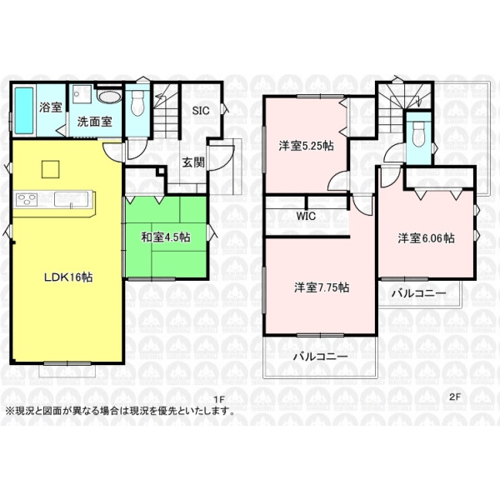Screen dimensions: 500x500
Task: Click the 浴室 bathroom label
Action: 50,107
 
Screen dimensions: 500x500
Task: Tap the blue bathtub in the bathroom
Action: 24,110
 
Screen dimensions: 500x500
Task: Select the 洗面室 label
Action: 94,122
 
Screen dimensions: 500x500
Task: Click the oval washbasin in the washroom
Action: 108,97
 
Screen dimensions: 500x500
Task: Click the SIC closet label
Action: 201,111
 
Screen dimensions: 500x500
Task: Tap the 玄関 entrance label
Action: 193,162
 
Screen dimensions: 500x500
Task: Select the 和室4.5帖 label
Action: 166,237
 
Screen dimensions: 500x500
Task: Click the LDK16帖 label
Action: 68,277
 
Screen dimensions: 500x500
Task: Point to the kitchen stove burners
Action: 27,200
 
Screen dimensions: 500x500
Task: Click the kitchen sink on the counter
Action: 71,199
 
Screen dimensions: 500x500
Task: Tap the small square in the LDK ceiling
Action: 50,169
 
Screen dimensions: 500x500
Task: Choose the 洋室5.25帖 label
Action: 306,146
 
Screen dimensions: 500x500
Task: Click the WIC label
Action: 306,216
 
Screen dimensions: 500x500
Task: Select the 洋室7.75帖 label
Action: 322,287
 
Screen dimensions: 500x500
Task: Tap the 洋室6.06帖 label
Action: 426,238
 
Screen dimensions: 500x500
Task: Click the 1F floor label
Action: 219,399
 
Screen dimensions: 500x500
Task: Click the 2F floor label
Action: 455,397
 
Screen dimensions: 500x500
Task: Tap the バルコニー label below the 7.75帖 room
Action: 321,356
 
